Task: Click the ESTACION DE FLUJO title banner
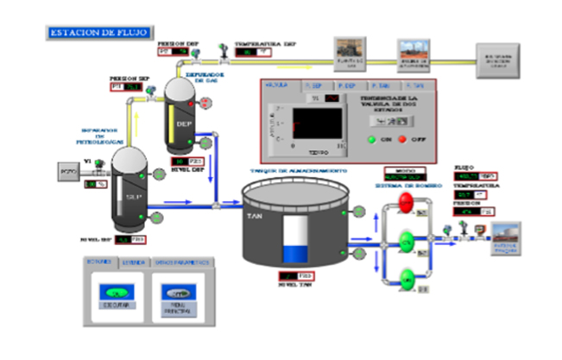click(98, 32)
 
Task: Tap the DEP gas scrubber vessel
click(182, 121)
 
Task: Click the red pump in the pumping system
click(407, 204)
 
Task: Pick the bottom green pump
click(407, 278)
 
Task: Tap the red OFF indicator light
click(401, 137)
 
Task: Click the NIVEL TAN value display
click(294, 276)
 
